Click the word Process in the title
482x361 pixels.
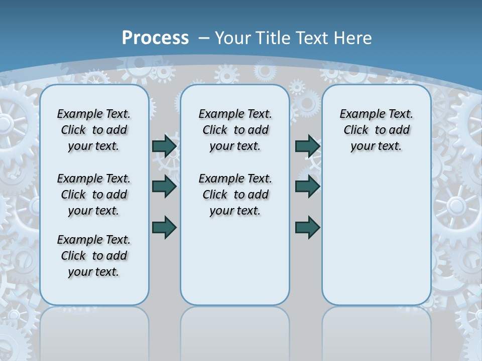click(x=155, y=38)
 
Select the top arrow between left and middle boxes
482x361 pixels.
click(x=164, y=146)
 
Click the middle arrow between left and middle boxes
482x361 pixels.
click(x=164, y=187)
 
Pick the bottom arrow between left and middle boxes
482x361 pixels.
click(x=164, y=227)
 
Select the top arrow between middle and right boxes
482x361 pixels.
click(x=307, y=146)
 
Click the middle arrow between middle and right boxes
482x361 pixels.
click(x=307, y=187)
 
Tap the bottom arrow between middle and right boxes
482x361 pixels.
click(x=307, y=227)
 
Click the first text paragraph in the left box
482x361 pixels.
click(x=94, y=130)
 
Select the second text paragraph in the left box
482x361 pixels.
click(x=94, y=195)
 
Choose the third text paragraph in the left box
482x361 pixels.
click(x=94, y=256)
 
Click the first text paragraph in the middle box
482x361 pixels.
click(x=235, y=130)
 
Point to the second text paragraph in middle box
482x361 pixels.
click(x=235, y=195)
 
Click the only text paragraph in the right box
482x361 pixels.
click(x=376, y=130)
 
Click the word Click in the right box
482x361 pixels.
click(x=356, y=130)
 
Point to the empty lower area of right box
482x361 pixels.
click(x=376, y=236)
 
